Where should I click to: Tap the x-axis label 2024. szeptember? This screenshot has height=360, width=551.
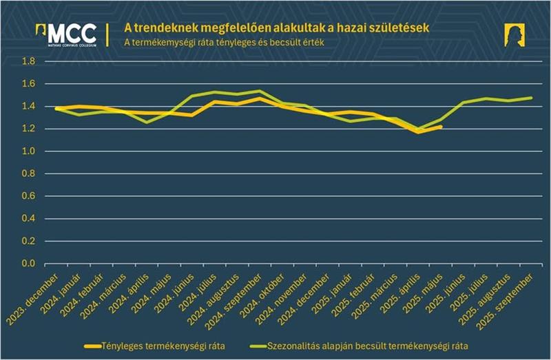pyautogui.click(x=236, y=298)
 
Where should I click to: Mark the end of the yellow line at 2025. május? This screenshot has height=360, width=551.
pyautogui.click(x=441, y=127)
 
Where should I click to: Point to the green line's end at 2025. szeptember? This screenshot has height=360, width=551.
pyautogui.click(x=531, y=98)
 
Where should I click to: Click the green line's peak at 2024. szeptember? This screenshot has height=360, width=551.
pyautogui.click(x=260, y=91)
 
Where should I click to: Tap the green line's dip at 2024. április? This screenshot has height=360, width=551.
pyautogui.click(x=146, y=122)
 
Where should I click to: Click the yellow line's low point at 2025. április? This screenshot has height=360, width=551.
pyautogui.click(x=418, y=131)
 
